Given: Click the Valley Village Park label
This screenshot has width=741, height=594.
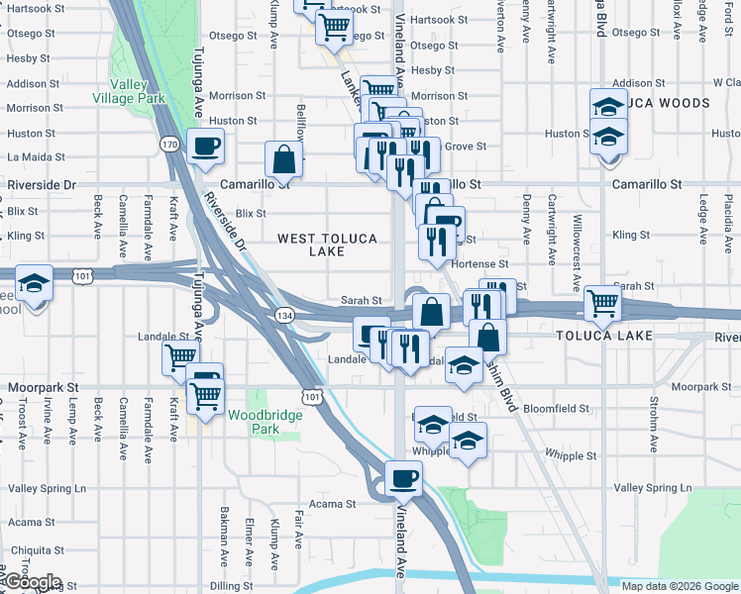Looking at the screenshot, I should click(x=129, y=91).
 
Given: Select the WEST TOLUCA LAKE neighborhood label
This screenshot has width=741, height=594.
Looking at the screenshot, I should click(x=310, y=245).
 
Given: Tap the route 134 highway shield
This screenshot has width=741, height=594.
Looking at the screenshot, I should click(x=284, y=315).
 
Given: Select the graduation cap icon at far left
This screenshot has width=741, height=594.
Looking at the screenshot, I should click(x=34, y=284).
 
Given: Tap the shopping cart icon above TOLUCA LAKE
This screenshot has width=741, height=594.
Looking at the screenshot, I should click(x=602, y=304).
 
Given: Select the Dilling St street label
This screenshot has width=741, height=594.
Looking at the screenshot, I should click(x=231, y=585).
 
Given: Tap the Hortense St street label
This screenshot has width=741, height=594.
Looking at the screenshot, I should click(x=479, y=264).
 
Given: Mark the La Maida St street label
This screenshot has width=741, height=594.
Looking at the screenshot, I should click(x=36, y=156).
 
